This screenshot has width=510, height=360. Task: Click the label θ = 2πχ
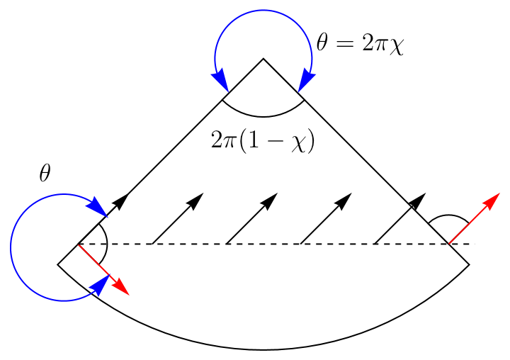tap(360, 45)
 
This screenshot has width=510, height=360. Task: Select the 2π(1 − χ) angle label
tap(263, 140)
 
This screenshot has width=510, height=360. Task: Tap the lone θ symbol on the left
tap(45, 174)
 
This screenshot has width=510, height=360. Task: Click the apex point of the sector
tap(263, 59)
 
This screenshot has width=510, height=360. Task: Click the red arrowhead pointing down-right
tap(122, 287)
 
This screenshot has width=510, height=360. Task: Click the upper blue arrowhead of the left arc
tap(97, 208)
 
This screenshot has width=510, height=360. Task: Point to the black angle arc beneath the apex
tap(263, 115)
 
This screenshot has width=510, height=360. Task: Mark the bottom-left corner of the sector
tap(57, 264)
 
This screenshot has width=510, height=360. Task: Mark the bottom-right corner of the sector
tap(469, 264)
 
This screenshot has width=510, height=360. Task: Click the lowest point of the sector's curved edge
tap(263, 349)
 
